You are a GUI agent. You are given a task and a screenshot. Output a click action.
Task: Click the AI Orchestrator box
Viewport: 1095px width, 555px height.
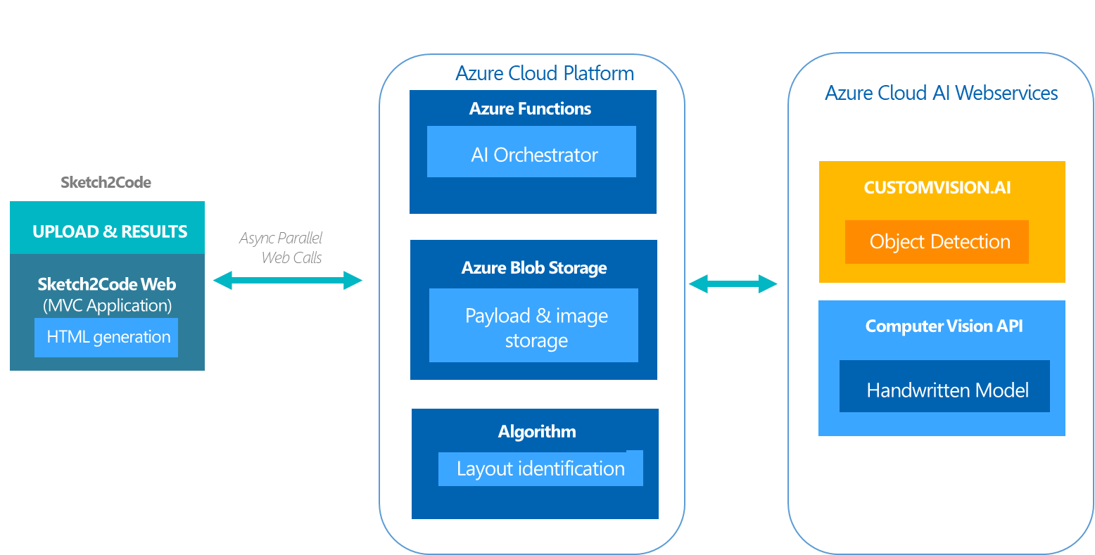click(531, 151)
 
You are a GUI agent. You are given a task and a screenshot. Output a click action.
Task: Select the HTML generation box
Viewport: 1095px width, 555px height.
click(106, 338)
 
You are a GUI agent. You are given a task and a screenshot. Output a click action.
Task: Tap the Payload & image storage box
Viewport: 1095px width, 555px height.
click(533, 326)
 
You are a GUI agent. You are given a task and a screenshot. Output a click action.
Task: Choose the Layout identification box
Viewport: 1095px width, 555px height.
click(540, 468)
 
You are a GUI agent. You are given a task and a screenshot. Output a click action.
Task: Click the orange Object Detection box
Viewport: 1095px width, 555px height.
click(937, 242)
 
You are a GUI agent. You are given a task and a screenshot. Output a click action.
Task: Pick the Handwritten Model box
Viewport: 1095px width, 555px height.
click(944, 386)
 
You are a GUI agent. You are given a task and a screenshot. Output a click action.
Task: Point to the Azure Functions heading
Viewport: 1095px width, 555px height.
click(530, 108)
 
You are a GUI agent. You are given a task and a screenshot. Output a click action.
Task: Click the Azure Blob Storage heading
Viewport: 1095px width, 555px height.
click(534, 268)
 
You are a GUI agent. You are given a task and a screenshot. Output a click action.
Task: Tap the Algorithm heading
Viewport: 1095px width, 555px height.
click(537, 432)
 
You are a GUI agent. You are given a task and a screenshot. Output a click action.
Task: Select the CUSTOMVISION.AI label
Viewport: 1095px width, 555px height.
click(937, 188)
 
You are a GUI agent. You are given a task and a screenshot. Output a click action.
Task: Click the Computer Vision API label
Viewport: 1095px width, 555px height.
click(944, 326)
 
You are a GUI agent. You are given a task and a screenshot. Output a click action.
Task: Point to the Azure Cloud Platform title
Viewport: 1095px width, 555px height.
click(545, 73)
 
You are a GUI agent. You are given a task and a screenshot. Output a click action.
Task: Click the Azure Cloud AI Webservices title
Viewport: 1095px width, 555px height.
click(941, 93)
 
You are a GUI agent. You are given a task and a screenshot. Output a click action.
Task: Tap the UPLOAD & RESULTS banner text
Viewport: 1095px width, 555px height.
click(110, 231)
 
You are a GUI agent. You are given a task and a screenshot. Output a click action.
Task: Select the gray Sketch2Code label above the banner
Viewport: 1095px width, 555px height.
click(106, 183)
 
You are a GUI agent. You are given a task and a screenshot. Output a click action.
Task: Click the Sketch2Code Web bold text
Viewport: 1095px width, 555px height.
click(106, 284)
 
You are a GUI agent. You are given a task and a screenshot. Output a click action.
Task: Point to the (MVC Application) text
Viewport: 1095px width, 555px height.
click(107, 306)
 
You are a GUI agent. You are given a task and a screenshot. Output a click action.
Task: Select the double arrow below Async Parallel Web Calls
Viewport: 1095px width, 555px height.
click(287, 281)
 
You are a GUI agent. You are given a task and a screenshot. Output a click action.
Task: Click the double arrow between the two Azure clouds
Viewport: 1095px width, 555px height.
click(733, 284)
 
